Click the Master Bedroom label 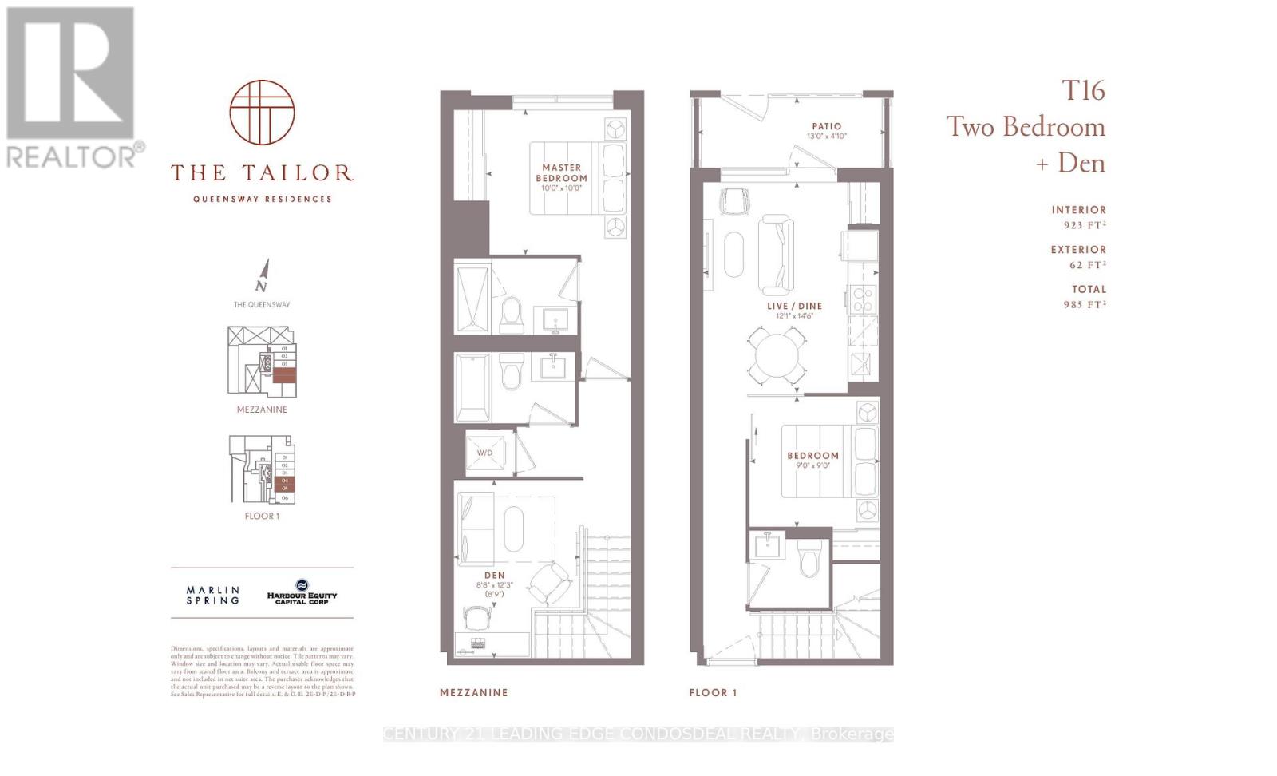pyautogui.click(x=561, y=173)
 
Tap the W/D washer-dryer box pyautogui.click(x=485, y=453)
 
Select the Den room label pyautogui.click(x=494, y=575)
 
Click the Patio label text pyautogui.click(x=827, y=126)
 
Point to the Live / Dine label pyautogui.click(x=794, y=307)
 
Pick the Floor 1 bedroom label pyautogui.click(x=812, y=456)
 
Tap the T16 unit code pyautogui.click(x=1082, y=90)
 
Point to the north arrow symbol pyautogui.click(x=263, y=275)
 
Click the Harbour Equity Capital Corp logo pyautogui.click(x=302, y=592)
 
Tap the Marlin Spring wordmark pyautogui.click(x=212, y=595)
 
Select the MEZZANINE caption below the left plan pyautogui.click(x=474, y=692)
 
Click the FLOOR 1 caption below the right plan pyautogui.click(x=713, y=692)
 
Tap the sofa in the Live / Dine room pyautogui.click(x=776, y=254)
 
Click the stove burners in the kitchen pyautogui.click(x=863, y=299)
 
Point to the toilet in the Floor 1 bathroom pyautogui.click(x=809, y=557)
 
